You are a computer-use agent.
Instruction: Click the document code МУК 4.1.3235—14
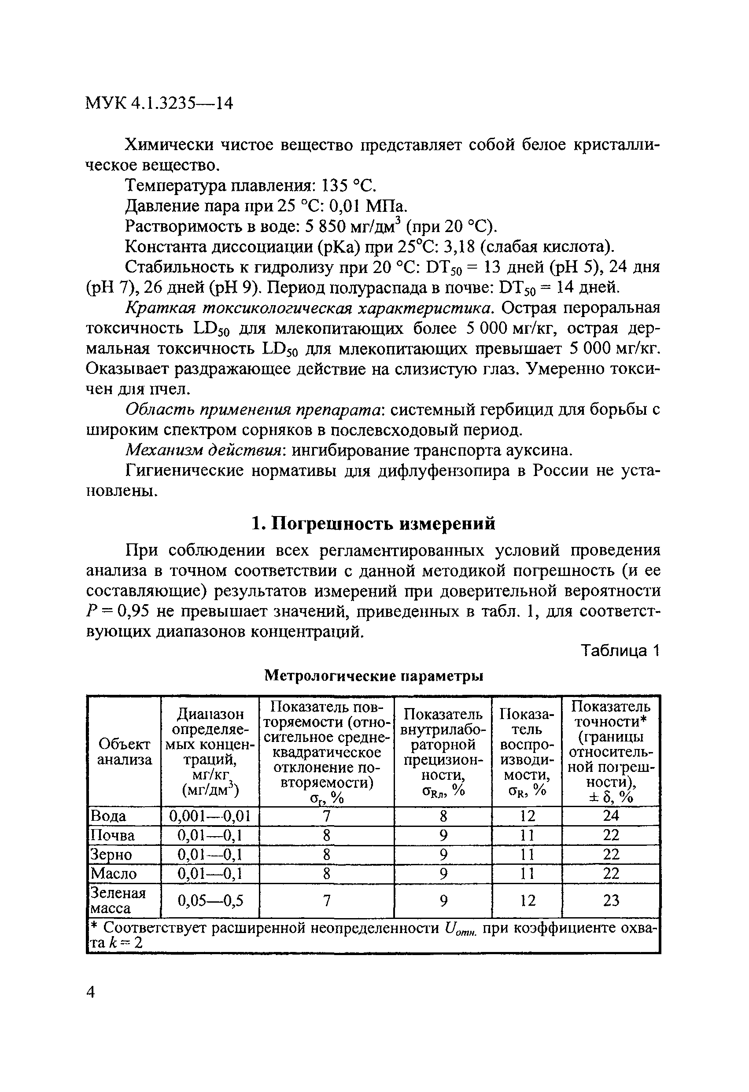[159, 103]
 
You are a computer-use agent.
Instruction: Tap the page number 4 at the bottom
[91, 992]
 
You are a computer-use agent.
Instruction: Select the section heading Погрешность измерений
[373, 523]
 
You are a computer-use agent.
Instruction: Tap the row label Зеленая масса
[118, 901]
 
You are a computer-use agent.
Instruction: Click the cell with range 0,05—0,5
[210, 901]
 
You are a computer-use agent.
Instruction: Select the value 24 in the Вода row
[611, 815]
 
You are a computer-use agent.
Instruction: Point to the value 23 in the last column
[611, 901]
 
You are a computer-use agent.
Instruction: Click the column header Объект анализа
[125, 752]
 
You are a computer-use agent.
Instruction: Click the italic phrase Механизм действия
[203, 450]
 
